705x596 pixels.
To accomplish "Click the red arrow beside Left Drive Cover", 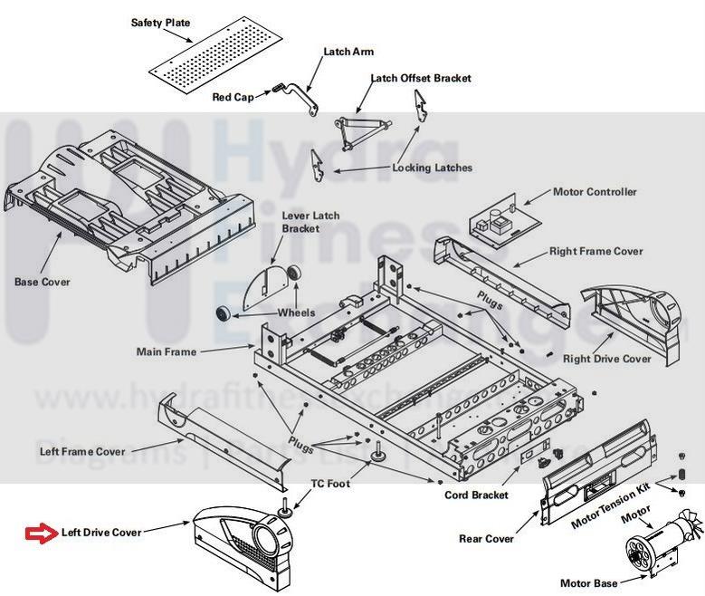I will coord(41,532).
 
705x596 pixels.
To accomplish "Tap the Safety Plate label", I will coord(160,23).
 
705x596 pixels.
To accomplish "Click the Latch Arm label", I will coord(348,52).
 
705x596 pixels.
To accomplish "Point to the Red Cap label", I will coord(233,97).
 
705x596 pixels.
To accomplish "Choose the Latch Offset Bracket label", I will coord(421,79).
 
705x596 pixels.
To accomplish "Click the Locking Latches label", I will coord(432,168).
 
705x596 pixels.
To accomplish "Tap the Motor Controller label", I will coord(595,192).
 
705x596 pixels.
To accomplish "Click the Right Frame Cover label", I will coord(596,251).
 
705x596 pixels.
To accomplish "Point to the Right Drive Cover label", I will coord(607,359).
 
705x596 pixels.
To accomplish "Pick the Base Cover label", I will coord(42,282).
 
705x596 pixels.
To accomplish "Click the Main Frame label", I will coord(166,351).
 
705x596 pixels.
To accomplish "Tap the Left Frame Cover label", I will coord(82,451).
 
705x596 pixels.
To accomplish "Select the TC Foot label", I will coord(330,484).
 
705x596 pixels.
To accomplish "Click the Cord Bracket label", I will coord(476,495).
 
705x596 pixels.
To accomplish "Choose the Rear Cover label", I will coord(486,540).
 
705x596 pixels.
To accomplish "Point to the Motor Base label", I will coord(588,583).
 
